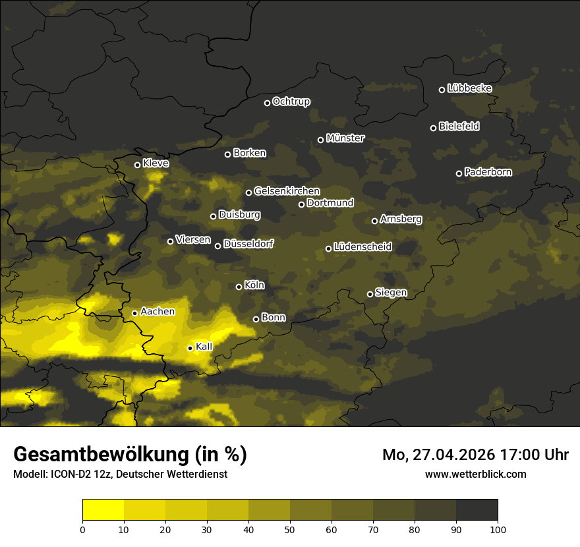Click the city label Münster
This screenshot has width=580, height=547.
pos(345,138)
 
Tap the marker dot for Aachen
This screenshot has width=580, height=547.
pos(135,313)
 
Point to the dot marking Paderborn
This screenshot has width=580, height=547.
pos(459,173)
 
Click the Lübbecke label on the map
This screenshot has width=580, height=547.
pos(469,88)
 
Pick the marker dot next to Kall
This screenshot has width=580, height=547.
pos(190,348)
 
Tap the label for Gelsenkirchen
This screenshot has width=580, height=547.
pos(287,191)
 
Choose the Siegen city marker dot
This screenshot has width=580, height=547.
pos(370,294)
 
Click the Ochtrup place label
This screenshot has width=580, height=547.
pos(291,101)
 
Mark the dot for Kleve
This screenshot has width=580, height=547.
pos(138,165)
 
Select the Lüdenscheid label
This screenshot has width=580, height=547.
pos(362,247)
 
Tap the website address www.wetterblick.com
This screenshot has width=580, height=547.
pos(476,474)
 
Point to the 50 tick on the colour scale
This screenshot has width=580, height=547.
pos(290,529)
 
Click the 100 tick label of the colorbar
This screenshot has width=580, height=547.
pos(498,529)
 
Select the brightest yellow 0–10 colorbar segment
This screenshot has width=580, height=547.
pos(103,509)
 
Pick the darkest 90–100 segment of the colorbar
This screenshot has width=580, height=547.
pos(477,509)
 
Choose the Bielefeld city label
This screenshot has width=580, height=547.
pos(459,126)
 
